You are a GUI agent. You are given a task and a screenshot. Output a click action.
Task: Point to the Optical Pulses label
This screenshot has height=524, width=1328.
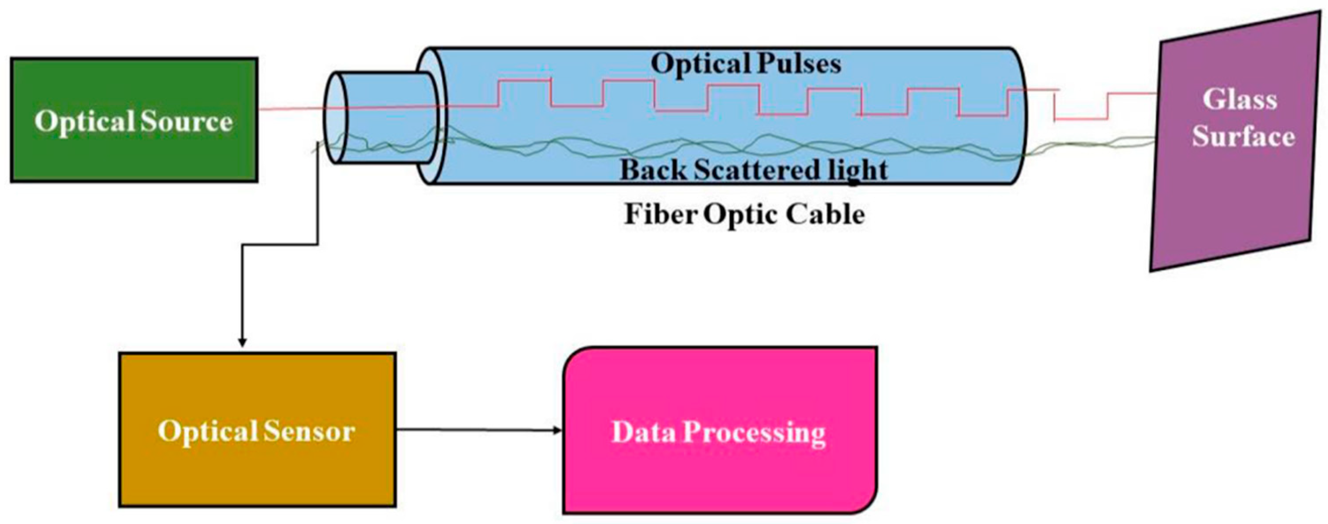pos(746,64)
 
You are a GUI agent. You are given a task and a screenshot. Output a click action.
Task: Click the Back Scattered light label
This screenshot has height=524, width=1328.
pos(753,169)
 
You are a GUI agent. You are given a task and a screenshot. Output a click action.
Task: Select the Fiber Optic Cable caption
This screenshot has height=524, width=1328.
pos(744,214)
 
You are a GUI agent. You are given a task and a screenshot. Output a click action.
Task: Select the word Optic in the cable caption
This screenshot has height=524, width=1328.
pos(736,215)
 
